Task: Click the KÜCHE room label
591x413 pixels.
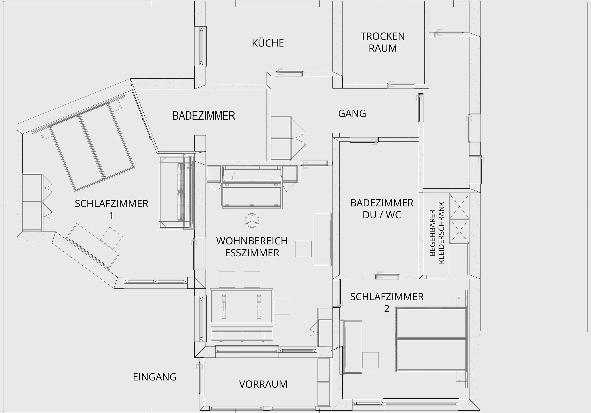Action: click(268, 43)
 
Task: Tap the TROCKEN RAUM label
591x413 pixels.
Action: click(383, 42)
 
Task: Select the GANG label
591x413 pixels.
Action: click(352, 113)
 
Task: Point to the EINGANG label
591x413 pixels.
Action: click(154, 377)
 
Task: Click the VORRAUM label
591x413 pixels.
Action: click(263, 384)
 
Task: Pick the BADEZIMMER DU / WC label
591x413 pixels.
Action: click(382, 209)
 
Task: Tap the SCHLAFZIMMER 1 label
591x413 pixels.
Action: click(112, 209)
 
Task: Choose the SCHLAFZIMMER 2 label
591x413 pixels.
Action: click(387, 302)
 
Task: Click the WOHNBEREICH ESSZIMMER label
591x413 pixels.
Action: click(252, 247)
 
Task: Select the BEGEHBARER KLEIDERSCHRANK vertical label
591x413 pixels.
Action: click(437, 233)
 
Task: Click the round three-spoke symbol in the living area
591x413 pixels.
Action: click(252, 220)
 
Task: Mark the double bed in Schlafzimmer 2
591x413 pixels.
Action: click(432, 339)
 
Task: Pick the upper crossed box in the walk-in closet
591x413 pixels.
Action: click(459, 206)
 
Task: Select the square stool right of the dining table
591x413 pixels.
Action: click(282, 307)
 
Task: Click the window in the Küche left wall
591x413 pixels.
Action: click(202, 46)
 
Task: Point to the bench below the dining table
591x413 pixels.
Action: click(242, 334)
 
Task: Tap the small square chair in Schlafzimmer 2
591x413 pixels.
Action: click(370, 360)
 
